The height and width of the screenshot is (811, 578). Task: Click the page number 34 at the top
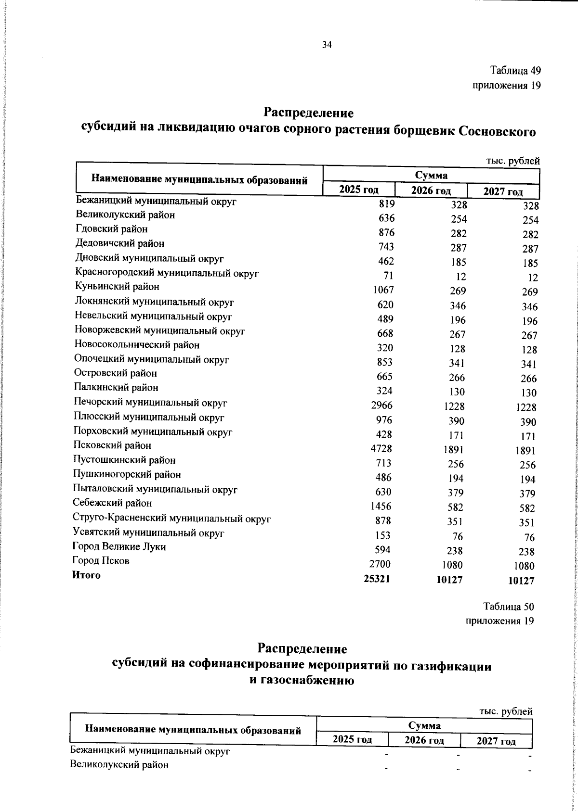327,45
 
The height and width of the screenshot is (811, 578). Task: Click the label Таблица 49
515,71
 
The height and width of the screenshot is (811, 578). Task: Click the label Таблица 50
509,606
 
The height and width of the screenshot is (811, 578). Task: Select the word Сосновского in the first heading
498,131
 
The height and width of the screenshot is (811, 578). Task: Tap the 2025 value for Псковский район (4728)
381,448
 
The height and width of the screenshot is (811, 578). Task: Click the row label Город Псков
101,561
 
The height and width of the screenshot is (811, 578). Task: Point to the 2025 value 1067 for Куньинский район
383,290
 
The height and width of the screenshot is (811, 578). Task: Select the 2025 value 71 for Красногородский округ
389,275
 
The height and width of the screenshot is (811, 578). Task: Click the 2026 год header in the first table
431,190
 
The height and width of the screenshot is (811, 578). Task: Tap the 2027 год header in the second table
496,741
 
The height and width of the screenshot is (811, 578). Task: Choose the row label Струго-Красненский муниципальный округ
171,519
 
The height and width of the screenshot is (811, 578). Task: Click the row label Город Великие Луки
119,547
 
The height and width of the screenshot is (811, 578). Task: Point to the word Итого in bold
86,575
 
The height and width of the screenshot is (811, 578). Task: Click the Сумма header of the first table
431,175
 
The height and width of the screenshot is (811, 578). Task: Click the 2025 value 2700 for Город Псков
380,564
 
